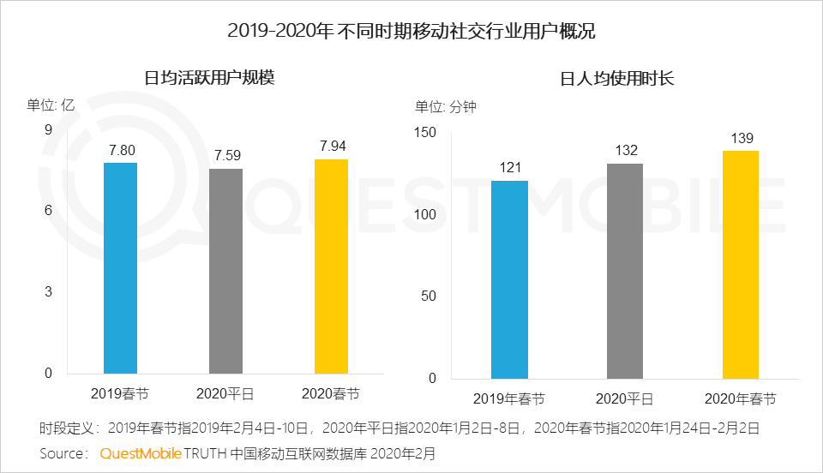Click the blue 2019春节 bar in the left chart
[120, 267]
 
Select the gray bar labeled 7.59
[226, 271]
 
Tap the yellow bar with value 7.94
[332, 266]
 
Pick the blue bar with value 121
[510, 279]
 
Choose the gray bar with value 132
[625, 271]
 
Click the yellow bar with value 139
[741, 264]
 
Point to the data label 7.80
[121, 150]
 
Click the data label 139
[741, 138]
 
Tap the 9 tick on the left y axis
[48, 130]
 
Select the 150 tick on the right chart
[426, 132]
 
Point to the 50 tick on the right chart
[430, 296]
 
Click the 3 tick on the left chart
[48, 292]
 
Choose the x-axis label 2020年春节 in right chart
[741, 399]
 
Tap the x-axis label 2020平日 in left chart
[226, 394]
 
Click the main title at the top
[411, 32]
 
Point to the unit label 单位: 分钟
[445, 107]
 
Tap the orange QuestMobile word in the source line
[140, 452]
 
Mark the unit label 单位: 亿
[51, 105]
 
